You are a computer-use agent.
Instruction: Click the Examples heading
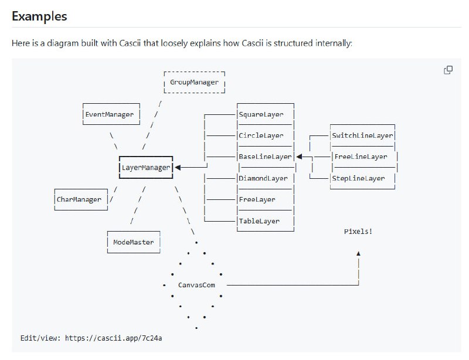[39, 16]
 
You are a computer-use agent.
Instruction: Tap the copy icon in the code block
[448, 70]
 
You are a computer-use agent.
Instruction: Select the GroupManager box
[194, 83]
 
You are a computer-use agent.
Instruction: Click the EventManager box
[110, 114]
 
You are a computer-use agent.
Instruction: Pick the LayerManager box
[145, 167]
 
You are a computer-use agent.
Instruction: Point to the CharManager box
[79, 199]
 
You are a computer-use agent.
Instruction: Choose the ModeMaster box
[133, 242]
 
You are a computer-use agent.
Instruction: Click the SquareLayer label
[261, 114]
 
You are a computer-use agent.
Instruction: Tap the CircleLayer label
[261, 135]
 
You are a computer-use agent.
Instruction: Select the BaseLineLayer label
[265, 157]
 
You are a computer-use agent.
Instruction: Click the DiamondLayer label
[263, 178]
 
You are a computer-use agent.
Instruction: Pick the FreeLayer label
[257, 199]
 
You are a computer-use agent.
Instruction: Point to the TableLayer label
[259, 221]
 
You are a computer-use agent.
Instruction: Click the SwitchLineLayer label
[362, 135]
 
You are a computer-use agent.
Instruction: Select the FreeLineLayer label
[361, 157]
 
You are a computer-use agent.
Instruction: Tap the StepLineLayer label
[358, 178]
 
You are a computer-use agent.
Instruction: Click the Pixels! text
[358, 232]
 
